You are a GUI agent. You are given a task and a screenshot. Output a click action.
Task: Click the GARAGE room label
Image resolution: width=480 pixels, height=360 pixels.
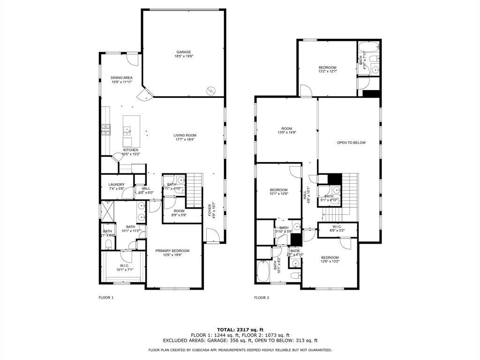pyautogui.click(x=184, y=52)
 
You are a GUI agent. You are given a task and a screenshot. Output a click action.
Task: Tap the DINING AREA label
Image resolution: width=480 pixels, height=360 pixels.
pyautogui.click(x=121, y=78)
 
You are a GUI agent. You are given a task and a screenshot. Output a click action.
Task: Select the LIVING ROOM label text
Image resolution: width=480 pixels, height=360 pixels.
pyautogui.click(x=184, y=135)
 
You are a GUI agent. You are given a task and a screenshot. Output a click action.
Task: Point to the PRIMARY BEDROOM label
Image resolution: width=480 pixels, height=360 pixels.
pyautogui.click(x=172, y=251)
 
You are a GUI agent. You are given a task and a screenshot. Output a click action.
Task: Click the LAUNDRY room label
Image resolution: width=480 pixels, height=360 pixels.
pyautogui.click(x=116, y=185)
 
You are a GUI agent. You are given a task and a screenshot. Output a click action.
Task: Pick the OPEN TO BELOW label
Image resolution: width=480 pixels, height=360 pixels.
pyautogui.click(x=351, y=142)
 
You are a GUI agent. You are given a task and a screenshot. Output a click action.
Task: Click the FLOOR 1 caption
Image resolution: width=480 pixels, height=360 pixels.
pyautogui.click(x=106, y=297)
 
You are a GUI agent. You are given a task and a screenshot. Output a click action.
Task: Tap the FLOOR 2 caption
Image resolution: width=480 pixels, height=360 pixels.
pyautogui.click(x=262, y=297)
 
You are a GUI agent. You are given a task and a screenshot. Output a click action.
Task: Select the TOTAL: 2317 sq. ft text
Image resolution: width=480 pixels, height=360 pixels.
pyautogui.click(x=240, y=330)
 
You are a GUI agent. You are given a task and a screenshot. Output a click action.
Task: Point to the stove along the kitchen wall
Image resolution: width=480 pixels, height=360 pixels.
pyautogui.click(x=106, y=130)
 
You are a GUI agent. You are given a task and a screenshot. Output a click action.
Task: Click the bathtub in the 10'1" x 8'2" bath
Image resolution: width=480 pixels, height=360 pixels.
pyautogui.click(x=262, y=272)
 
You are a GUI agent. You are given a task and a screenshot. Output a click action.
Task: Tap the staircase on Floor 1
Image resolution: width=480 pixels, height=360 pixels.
pyautogui.click(x=195, y=190)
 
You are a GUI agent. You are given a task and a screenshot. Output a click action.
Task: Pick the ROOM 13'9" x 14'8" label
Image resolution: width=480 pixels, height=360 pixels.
pyautogui.click(x=286, y=131)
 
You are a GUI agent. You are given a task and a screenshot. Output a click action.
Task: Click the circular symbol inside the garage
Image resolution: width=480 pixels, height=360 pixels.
pyautogui.click(x=211, y=89)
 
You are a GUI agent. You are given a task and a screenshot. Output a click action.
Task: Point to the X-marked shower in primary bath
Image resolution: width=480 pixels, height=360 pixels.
pyautogui.click(x=107, y=210)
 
